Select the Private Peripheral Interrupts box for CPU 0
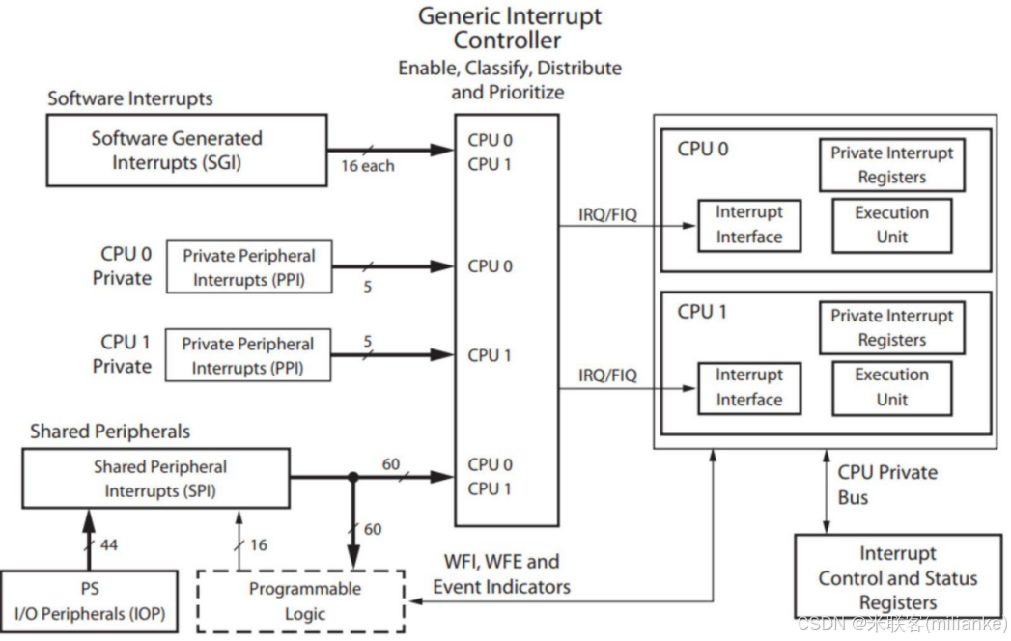point(248,267)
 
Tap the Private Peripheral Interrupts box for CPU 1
point(247,355)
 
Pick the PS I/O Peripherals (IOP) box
point(89,600)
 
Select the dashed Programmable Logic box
point(304,600)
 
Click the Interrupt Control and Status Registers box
point(897,577)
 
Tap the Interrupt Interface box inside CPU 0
point(748,225)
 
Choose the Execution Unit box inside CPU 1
point(891,387)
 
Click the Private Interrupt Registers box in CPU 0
point(891,165)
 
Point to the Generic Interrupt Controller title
point(509,28)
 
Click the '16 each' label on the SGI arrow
point(367,165)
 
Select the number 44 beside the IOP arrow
point(108,545)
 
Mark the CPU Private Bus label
point(886,485)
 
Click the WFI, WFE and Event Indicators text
point(501,573)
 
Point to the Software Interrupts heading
point(130,98)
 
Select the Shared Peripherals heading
point(110,432)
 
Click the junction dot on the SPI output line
point(353,477)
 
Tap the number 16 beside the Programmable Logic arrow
point(258,545)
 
